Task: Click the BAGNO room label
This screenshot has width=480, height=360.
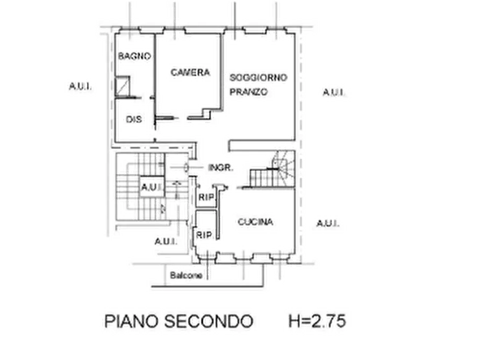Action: pos(134,56)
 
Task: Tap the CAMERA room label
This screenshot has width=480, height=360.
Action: pos(190,72)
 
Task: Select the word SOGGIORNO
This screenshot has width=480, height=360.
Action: pos(259,77)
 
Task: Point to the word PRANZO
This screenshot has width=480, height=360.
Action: pos(248,91)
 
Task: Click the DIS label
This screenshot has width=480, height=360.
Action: pos(134,119)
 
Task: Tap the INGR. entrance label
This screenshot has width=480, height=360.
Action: pos(221,168)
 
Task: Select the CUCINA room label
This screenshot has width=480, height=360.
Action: pos(255,221)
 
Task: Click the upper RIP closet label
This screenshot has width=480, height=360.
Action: pos(206,197)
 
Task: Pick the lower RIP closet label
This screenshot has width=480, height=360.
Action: pos(204,235)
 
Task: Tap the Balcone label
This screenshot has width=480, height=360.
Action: pos(186,275)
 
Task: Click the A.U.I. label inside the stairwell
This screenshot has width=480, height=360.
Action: pos(152,186)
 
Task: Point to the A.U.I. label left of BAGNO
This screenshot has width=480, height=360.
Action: pos(80,87)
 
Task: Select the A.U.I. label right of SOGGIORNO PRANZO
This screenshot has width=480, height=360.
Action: pos(334,92)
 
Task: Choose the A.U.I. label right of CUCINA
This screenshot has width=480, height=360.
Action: pos(327,223)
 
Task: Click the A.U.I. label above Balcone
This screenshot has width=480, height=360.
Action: pos(166,242)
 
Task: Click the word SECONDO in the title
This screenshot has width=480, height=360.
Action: pos(209,321)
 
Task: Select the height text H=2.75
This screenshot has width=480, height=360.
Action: pos(317,321)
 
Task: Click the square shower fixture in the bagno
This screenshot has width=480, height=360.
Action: pos(123,87)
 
